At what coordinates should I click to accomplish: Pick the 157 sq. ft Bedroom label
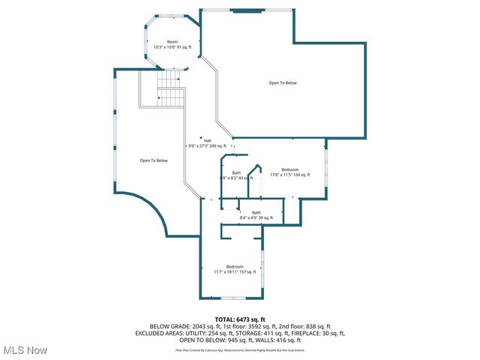(235, 267)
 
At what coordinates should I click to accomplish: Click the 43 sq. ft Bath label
(236, 173)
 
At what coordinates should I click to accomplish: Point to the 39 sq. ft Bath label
(256, 212)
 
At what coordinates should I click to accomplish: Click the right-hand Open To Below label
(283, 82)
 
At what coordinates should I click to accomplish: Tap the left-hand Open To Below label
(154, 160)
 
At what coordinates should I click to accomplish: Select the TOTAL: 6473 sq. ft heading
(240, 319)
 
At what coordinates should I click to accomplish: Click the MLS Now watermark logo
(25, 349)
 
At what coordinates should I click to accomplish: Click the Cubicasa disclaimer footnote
(240, 349)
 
